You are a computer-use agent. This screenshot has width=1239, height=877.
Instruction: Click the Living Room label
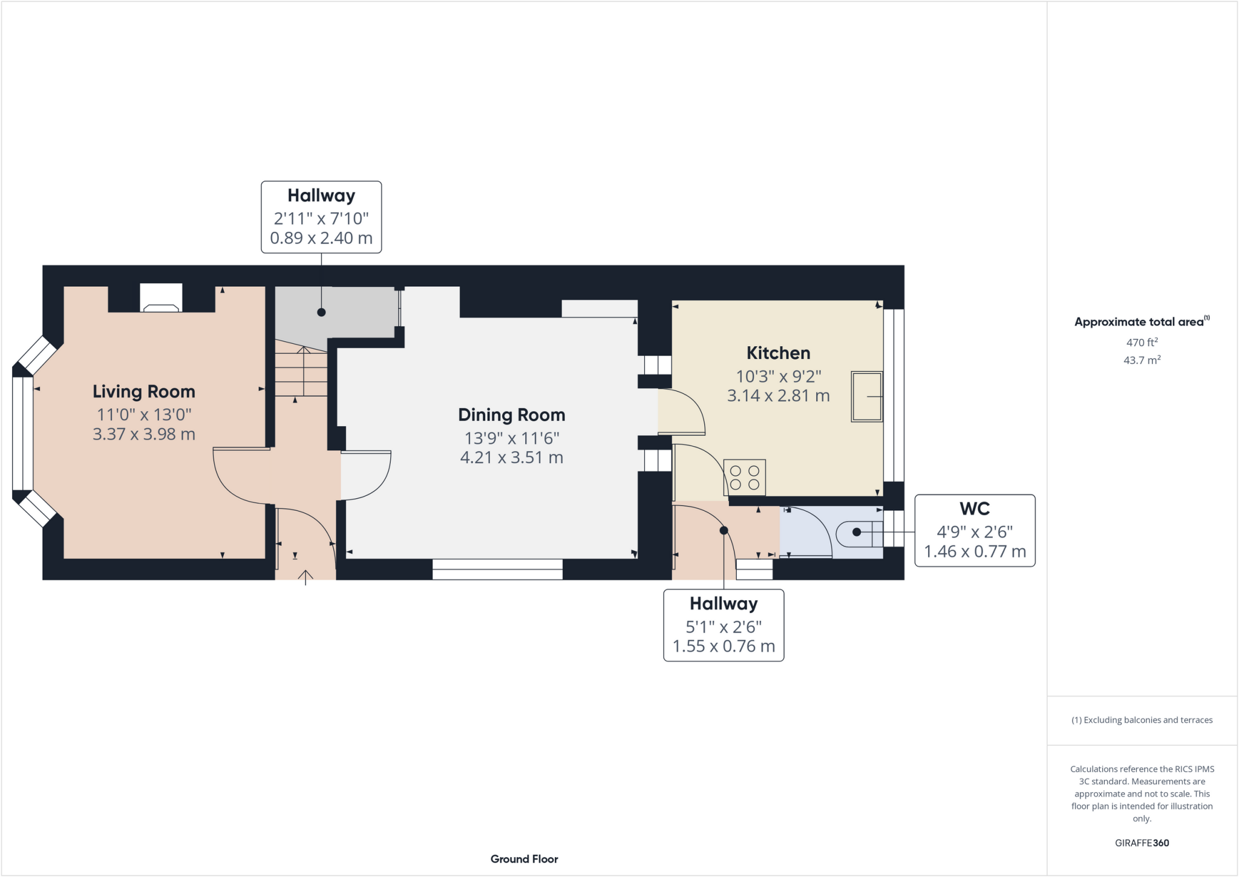coord(144,392)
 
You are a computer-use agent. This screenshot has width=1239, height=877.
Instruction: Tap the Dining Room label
coord(511,415)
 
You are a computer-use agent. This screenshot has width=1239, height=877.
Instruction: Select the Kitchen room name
coord(778,353)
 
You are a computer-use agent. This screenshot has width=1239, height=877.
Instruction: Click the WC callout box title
coord(974,509)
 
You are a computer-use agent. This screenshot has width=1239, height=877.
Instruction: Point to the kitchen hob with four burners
coord(745,478)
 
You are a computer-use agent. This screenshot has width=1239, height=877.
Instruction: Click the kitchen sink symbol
coord(866,396)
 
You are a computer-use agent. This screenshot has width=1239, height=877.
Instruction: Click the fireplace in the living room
coord(161,298)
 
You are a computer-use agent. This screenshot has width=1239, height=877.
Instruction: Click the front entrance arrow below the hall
coord(306,577)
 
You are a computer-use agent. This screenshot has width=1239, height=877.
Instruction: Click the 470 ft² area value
coord(1142,342)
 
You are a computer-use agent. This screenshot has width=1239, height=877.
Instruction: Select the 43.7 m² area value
coord(1142,360)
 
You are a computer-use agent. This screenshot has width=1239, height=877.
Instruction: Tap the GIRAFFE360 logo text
coord(1142,843)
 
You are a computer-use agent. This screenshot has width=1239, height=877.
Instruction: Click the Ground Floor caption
coord(524,859)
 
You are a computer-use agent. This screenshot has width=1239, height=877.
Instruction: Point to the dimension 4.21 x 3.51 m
coord(511,458)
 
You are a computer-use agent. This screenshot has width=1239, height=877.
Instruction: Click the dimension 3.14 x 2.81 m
coord(778,396)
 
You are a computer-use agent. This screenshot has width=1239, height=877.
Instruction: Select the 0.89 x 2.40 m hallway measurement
coord(321,238)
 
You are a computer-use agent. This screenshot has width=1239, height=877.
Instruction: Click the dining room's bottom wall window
coord(497,569)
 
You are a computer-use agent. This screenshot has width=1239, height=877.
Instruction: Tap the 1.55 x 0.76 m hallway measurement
coord(724,646)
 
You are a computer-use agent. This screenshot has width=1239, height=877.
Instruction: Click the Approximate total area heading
coord(1139,322)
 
